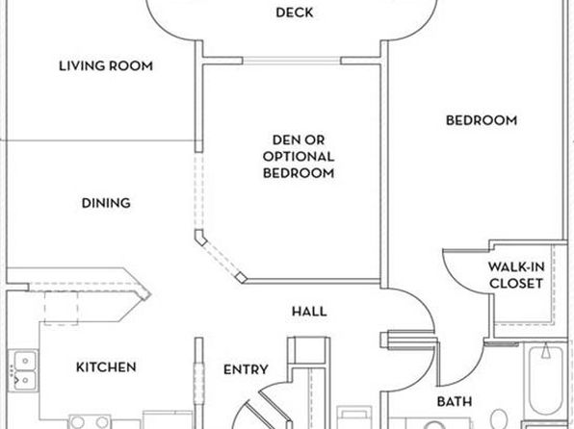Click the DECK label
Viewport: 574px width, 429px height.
[295, 13]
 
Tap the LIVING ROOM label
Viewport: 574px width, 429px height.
[106, 65]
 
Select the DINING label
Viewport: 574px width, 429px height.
[106, 203]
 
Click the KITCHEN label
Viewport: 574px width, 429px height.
[106, 366]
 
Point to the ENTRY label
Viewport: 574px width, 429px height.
[246, 369]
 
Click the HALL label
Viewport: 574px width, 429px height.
[309, 312]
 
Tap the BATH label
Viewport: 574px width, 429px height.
[455, 401]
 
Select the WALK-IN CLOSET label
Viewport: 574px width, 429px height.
[516, 275]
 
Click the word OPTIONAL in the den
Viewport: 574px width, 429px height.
[299, 157]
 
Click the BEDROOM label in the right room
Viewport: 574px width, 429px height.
[482, 120]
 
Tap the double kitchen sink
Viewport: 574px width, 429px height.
[23, 370]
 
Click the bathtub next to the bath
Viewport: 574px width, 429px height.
[545, 380]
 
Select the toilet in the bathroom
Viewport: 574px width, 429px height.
[499, 419]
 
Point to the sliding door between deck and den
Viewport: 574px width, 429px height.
[292, 61]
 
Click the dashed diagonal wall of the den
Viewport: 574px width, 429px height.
[220, 259]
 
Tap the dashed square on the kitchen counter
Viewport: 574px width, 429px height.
[61, 308]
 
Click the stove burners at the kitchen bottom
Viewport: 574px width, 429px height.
[90, 421]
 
